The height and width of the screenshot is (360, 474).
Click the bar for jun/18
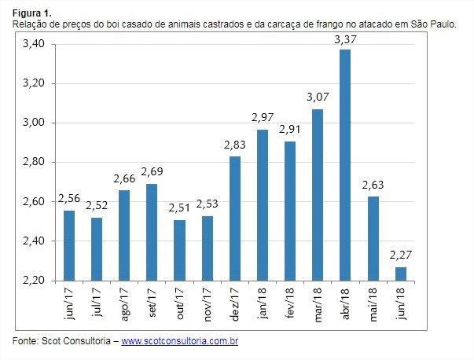click(400, 274)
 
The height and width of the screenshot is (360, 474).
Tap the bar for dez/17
click(234, 219)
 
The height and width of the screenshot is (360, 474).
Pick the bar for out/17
click(179, 250)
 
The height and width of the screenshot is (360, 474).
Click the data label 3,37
click(344, 39)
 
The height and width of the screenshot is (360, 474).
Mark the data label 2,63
click(373, 186)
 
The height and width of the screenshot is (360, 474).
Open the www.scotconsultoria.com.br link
click(180, 341)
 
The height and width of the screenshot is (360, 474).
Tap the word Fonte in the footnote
click(26, 341)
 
